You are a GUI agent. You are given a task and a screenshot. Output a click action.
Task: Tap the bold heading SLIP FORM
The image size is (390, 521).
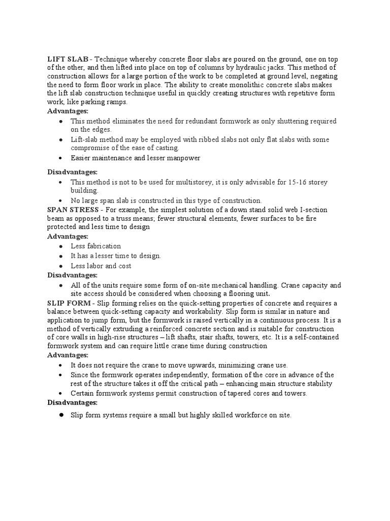click(x=69, y=303)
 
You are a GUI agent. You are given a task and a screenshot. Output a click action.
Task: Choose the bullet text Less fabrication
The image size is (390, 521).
click(x=96, y=246)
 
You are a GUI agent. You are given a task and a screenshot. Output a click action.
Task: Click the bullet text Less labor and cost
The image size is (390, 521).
click(x=101, y=266)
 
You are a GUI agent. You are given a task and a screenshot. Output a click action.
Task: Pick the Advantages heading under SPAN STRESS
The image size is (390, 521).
click(x=68, y=237)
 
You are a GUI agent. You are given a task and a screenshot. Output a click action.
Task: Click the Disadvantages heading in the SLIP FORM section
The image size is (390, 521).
click(x=72, y=402)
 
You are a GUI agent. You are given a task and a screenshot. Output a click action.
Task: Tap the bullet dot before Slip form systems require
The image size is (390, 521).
click(x=60, y=415)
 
